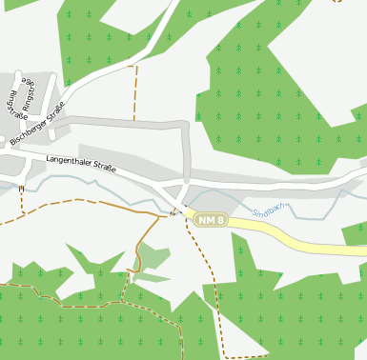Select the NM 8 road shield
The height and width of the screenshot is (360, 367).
tap(211, 221)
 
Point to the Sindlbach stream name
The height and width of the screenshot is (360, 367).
tap(269, 209)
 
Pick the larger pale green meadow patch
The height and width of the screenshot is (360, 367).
tap(152, 256)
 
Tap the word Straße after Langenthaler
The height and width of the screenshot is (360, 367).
tap(104, 168)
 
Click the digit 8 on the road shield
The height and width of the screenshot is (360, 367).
tap(220, 221)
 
